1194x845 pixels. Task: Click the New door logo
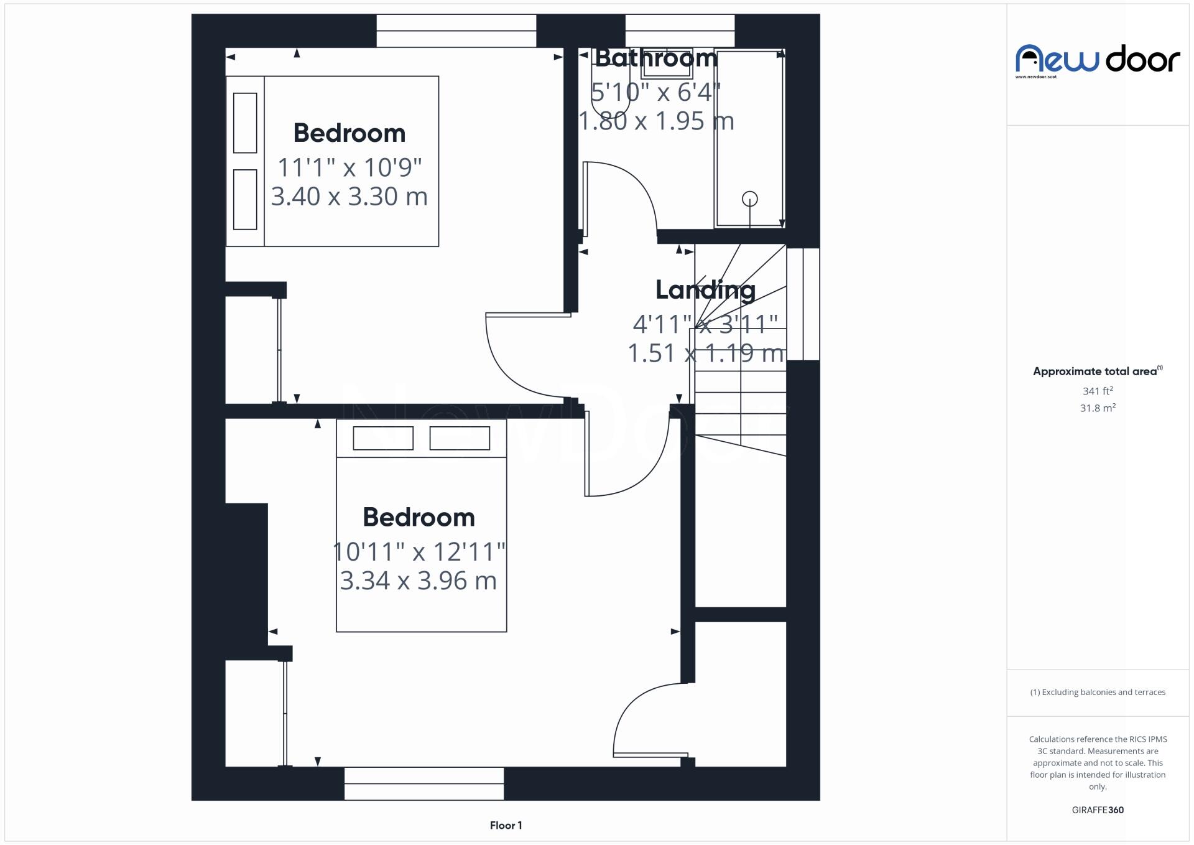point(1097,60)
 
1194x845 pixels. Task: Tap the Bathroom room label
point(656,58)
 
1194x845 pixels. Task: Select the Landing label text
point(705,290)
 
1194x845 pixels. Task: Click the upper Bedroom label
point(349,133)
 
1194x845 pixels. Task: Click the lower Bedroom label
point(419,518)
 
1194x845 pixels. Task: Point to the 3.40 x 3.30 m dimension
point(349,197)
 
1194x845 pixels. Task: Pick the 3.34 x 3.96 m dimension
point(418,581)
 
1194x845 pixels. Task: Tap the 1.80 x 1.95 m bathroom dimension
point(656,121)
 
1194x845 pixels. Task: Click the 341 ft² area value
point(1097,391)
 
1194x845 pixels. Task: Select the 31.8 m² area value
point(1097,408)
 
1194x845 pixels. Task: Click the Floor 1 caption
point(506,826)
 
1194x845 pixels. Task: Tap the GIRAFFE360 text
point(1098,810)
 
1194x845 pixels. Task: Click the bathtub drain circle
point(750,199)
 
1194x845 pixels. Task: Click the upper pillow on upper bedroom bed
point(245,123)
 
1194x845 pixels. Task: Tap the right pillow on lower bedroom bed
point(460,439)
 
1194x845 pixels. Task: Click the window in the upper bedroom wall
point(456,30)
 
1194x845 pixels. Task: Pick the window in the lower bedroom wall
point(423,783)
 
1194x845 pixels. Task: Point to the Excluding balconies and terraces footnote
point(1098,693)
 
